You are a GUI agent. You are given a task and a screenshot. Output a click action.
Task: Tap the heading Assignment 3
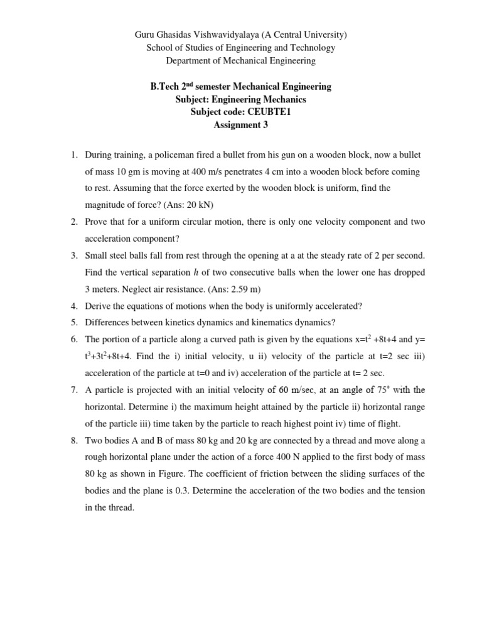[241, 125]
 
